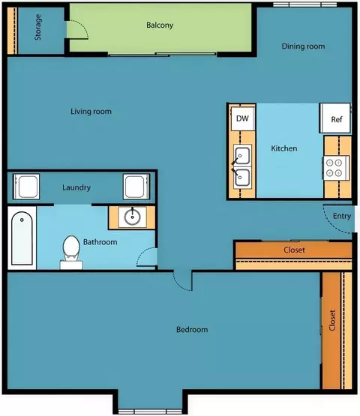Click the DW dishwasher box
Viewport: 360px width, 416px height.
[x=243, y=118]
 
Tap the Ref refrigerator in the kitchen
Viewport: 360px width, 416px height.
[x=335, y=118]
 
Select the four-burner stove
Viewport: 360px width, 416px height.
[x=336, y=168]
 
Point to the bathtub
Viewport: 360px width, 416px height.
[x=22, y=238]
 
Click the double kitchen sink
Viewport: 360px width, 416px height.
[x=242, y=166]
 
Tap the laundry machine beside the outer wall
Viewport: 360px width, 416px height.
[x=26, y=187]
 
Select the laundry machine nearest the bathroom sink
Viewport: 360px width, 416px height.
[x=136, y=187]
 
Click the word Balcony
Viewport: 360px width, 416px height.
[x=160, y=25]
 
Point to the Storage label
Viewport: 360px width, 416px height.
[x=38, y=27]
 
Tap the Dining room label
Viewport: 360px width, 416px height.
[x=303, y=46]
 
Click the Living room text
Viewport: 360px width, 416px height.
[x=91, y=112]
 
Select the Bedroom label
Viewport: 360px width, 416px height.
[x=192, y=330]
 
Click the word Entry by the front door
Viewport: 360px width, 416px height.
[x=342, y=216]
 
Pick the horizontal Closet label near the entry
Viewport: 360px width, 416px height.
[x=294, y=250]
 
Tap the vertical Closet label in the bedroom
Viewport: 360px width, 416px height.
[x=332, y=320]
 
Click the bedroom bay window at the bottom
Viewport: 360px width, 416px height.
[x=150, y=412]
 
